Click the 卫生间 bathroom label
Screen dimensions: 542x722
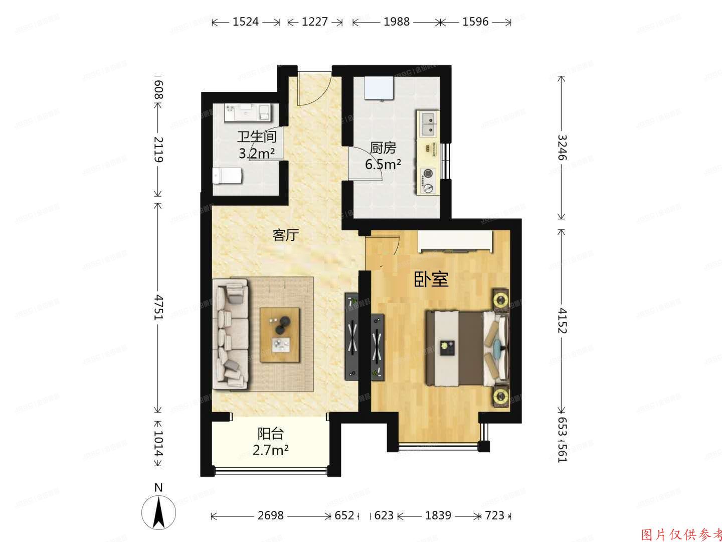257,137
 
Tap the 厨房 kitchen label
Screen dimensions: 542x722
383,148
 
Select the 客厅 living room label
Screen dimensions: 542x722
286,235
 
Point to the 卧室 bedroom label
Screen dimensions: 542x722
431,280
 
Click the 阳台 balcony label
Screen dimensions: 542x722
270,433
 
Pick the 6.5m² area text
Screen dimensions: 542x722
383,164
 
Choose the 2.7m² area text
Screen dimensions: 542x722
270,450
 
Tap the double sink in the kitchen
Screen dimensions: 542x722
428,124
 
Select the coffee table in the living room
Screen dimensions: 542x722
280,335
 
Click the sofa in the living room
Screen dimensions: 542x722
231,334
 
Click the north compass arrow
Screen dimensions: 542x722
158,512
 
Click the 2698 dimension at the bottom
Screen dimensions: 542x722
270,515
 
